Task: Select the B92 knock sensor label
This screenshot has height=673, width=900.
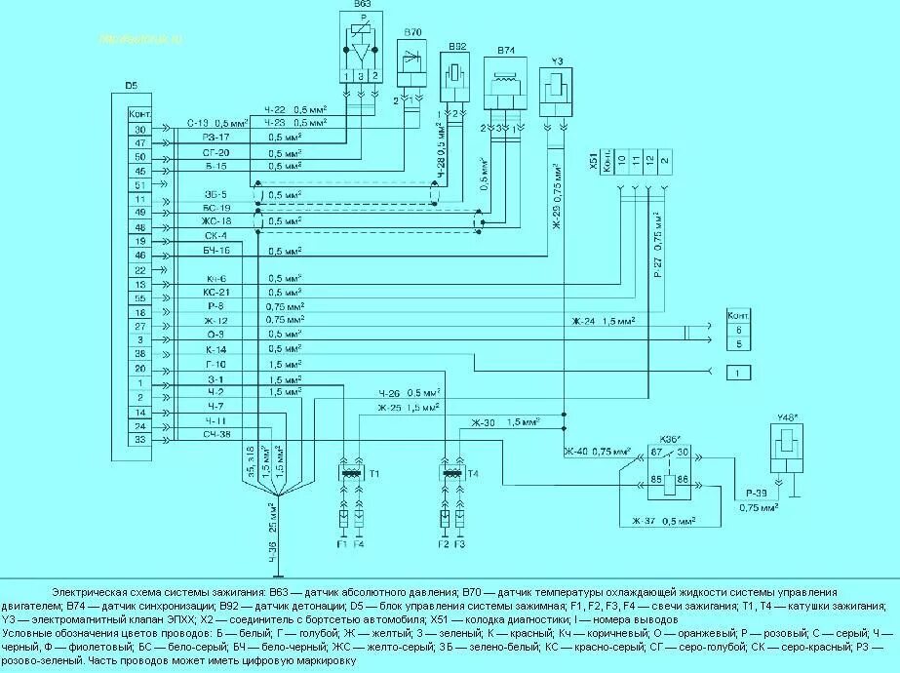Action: pyautogui.click(x=457, y=46)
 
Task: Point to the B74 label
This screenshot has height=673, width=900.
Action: pyautogui.click(x=505, y=48)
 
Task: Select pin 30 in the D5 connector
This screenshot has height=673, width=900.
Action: pyautogui.click(x=139, y=129)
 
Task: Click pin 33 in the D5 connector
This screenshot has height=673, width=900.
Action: pyautogui.click(x=139, y=440)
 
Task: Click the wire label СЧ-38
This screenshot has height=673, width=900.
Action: pyautogui.click(x=216, y=434)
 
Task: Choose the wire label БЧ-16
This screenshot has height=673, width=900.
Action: pyautogui.click(x=216, y=253)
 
